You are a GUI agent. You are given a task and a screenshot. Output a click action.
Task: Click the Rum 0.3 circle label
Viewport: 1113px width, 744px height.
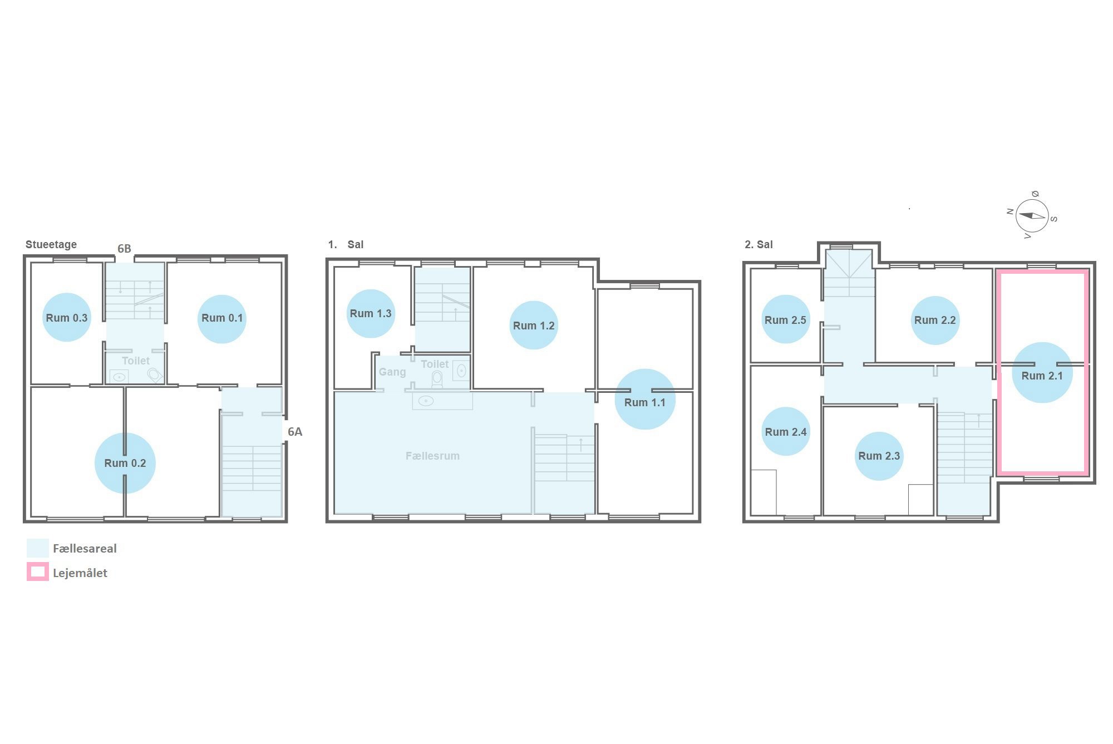pyautogui.click(x=67, y=317)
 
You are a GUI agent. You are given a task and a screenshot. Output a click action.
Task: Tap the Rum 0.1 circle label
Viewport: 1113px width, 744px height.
pyautogui.click(x=222, y=319)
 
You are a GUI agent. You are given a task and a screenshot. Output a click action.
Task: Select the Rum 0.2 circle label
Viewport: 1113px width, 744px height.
pyautogui.click(x=125, y=463)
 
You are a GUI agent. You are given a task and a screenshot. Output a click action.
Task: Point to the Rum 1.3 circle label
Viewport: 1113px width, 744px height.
pyautogui.click(x=371, y=313)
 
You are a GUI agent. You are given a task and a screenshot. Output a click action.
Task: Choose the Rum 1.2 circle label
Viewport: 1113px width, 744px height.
pyautogui.click(x=534, y=325)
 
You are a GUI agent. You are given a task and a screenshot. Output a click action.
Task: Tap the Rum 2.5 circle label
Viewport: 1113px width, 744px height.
pyautogui.click(x=786, y=319)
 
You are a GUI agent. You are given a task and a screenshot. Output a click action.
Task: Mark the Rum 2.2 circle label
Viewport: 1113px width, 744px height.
pyautogui.click(x=935, y=320)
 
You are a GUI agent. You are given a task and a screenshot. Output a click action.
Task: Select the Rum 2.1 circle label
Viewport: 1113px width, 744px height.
pyautogui.click(x=1042, y=372)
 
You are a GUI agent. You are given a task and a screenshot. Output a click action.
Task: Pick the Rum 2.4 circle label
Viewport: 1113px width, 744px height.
pyautogui.click(x=786, y=431)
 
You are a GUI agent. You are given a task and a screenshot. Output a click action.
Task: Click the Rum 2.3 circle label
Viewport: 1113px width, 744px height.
pyautogui.click(x=879, y=456)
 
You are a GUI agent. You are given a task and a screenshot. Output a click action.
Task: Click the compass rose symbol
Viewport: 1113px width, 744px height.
pyautogui.click(x=1032, y=216)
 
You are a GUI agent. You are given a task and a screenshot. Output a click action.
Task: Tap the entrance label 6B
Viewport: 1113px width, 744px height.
pyautogui.click(x=124, y=249)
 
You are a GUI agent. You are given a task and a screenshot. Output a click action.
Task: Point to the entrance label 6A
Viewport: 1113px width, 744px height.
pyautogui.click(x=295, y=432)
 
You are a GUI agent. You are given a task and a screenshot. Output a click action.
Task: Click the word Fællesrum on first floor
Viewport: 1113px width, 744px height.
pyautogui.click(x=432, y=456)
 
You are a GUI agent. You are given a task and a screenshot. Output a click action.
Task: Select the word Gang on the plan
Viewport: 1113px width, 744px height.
pyautogui.click(x=392, y=372)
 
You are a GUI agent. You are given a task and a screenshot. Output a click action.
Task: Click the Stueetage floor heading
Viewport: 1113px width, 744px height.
pyautogui.click(x=51, y=244)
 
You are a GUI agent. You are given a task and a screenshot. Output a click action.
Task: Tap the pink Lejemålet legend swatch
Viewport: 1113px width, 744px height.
pyautogui.click(x=38, y=571)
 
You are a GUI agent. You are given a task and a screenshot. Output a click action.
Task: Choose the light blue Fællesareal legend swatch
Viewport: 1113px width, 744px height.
pyautogui.click(x=38, y=548)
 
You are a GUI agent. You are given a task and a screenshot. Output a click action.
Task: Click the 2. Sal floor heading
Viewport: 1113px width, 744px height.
pyautogui.click(x=759, y=244)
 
